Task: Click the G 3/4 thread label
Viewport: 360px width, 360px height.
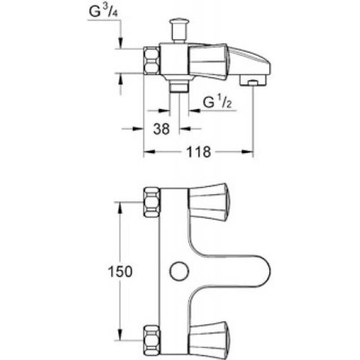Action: point(103,12)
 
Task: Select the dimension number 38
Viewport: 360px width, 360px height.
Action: point(161,129)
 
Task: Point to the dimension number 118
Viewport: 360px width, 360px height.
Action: point(198,152)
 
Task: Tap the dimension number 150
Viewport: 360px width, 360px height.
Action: point(120,271)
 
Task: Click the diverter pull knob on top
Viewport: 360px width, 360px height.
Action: point(179,30)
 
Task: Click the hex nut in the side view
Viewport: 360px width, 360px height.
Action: point(152,61)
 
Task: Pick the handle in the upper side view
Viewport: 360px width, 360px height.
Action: point(207,62)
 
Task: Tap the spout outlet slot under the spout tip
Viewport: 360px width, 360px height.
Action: point(252,82)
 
